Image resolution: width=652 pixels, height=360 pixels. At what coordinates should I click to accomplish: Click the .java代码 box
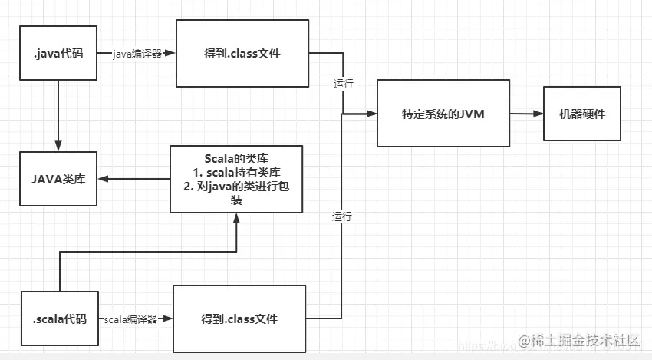(x=59, y=54)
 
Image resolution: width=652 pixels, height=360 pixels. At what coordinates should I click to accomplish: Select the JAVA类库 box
(x=59, y=179)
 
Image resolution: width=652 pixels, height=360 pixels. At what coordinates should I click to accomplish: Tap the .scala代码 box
(x=60, y=319)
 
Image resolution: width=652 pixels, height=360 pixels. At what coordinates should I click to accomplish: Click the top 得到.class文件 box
(x=242, y=54)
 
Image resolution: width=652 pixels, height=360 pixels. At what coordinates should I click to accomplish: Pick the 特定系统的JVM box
(x=443, y=113)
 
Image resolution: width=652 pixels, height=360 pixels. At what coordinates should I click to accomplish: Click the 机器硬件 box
(x=582, y=114)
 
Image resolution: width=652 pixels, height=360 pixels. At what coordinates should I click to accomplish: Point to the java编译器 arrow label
(x=137, y=54)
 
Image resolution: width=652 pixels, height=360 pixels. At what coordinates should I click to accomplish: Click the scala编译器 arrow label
(x=130, y=319)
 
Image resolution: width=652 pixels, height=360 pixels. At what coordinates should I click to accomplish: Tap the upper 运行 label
(x=343, y=84)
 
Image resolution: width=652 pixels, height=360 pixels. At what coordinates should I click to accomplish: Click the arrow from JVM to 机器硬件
(x=526, y=114)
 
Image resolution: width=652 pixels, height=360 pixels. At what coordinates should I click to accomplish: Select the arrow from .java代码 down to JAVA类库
(x=59, y=115)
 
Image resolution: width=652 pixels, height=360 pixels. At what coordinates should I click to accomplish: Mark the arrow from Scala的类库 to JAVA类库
(x=133, y=179)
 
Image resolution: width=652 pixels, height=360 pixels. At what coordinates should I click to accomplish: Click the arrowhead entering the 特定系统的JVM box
(x=372, y=114)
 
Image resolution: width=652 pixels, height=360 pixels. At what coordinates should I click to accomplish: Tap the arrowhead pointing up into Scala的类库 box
(x=237, y=219)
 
